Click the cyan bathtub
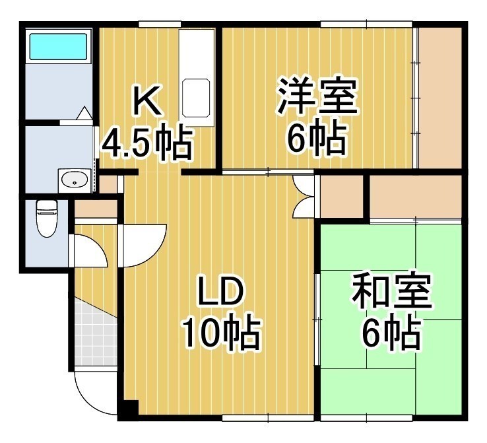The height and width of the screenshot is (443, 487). tap(58, 47)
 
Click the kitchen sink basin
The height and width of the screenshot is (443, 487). tap(196, 98)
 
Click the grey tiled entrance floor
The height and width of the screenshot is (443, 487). tap(96, 335)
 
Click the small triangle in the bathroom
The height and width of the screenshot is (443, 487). tap(84, 113)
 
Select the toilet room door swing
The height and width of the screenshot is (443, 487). tap(90, 250)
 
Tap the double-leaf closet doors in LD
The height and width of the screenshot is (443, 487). tap(304, 196)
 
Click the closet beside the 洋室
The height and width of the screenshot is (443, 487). tap(439, 98)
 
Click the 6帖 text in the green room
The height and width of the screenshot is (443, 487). tap(391, 333)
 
